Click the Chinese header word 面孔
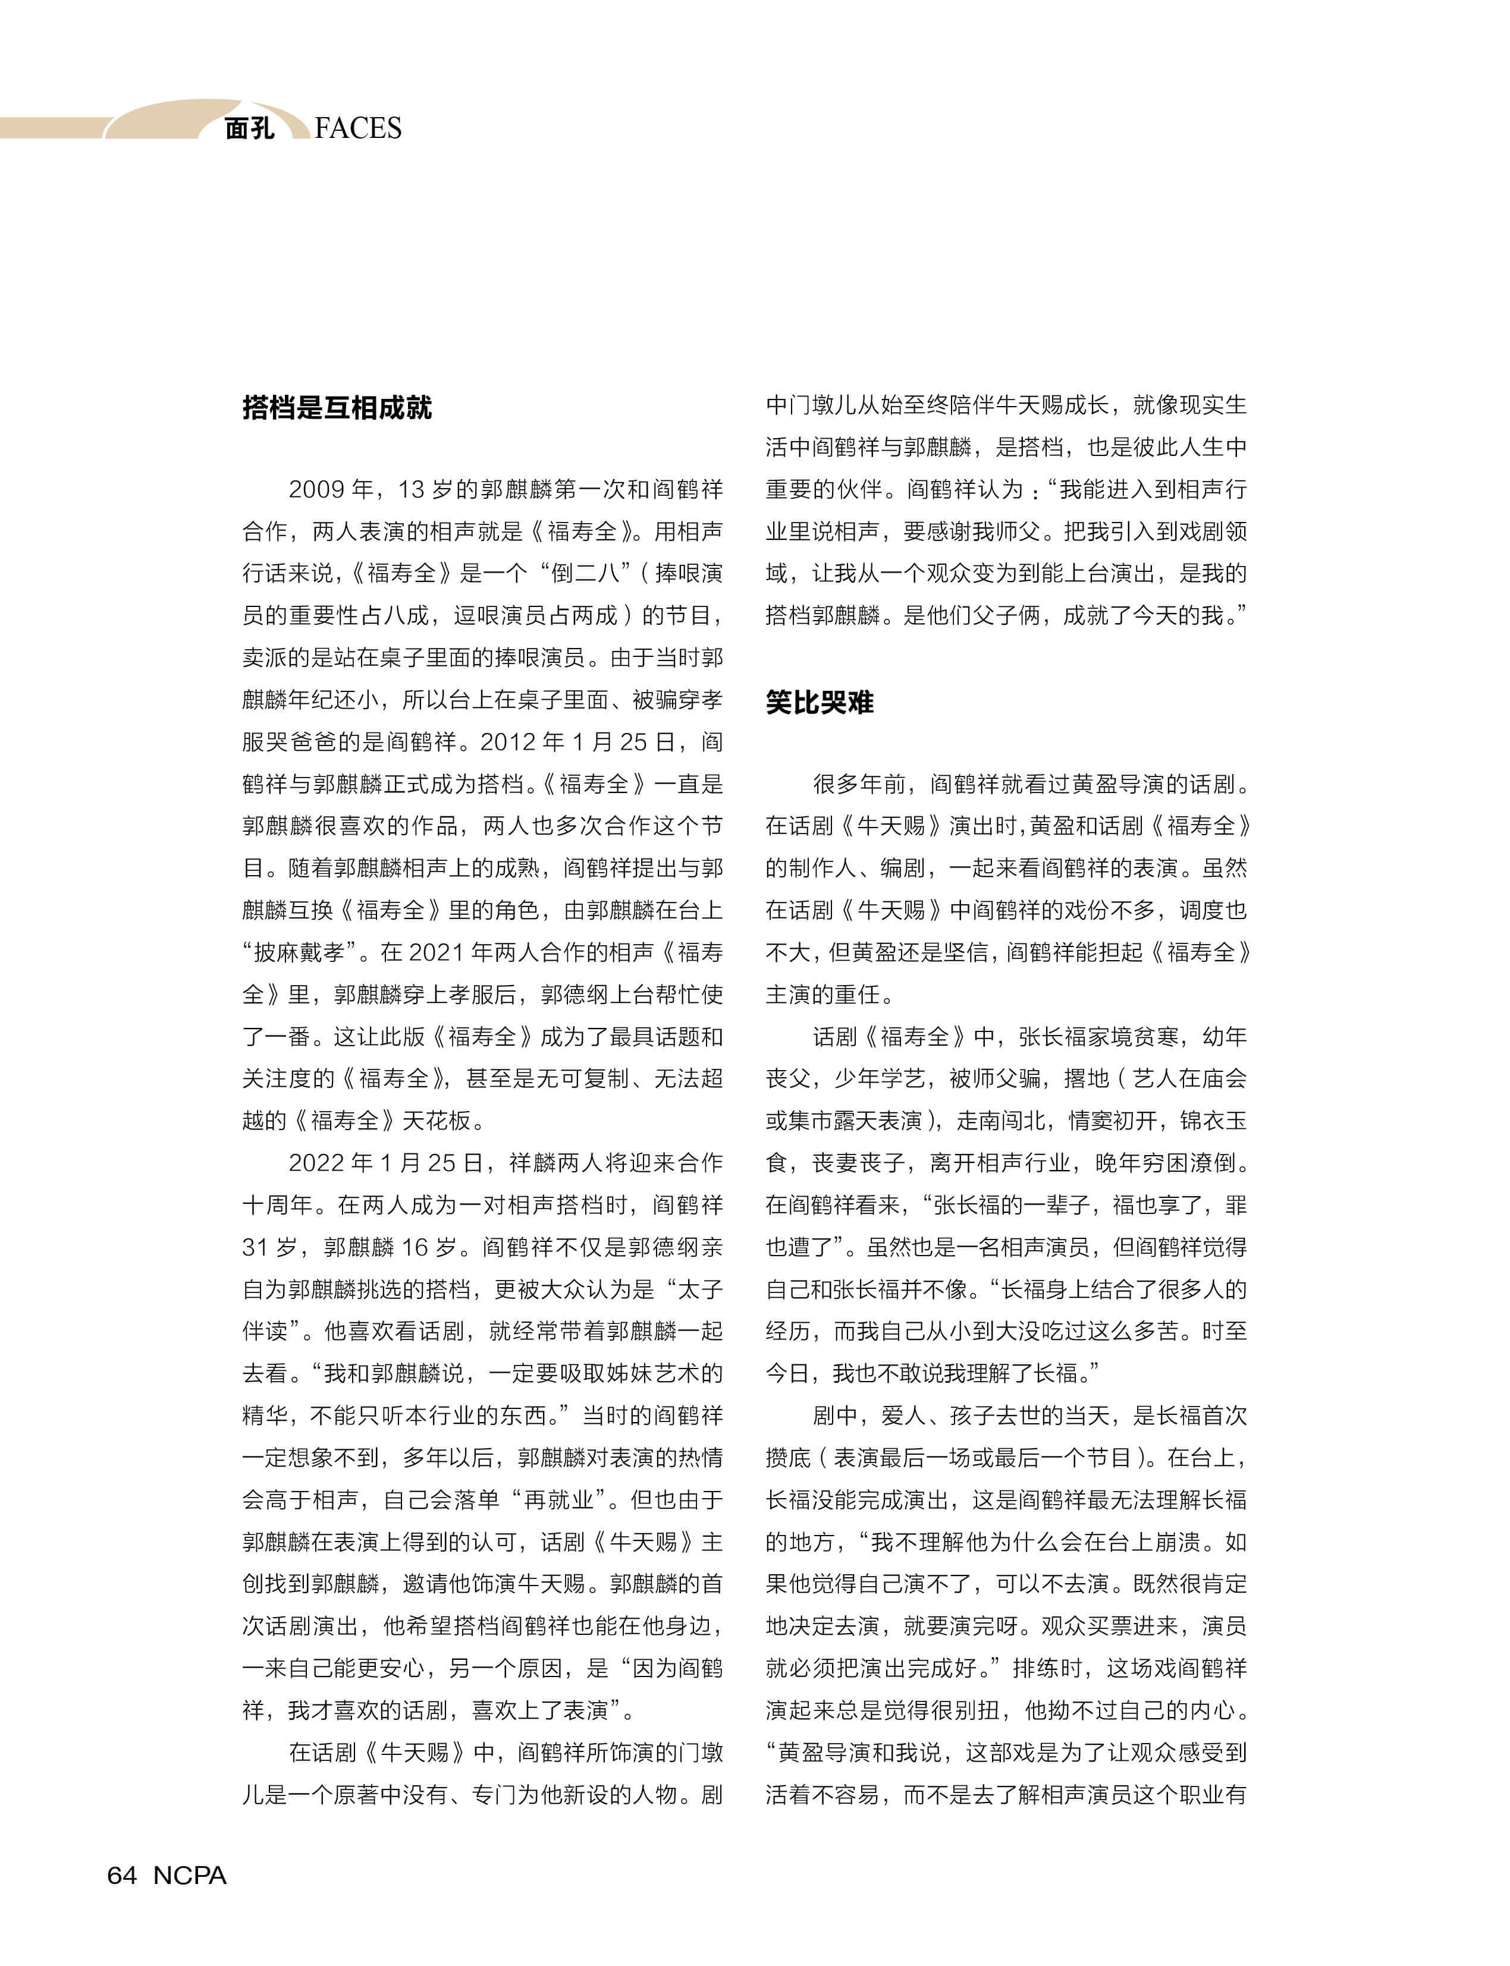pyautogui.click(x=249, y=128)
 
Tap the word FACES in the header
pyautogui.click(x=358, y=128)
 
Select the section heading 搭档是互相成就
pyautogui.click(x=337, y=407)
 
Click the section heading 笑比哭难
pyautogui.click(x=819, y=702)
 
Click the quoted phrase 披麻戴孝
pyautogui.click(x=297, y=952)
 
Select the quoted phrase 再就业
pyautogui.click(x=558, y=1500)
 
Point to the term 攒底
pyautogui.click(x=788, y=1458)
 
